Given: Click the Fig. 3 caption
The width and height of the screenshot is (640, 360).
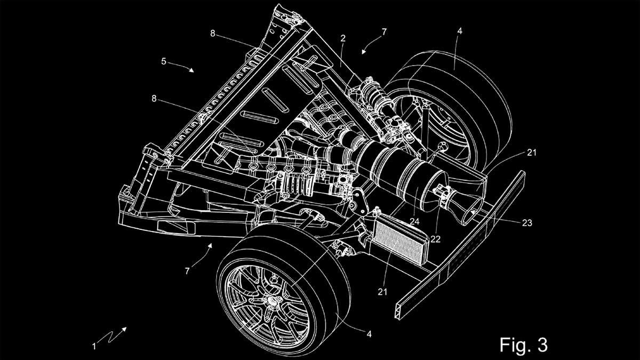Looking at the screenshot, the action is point(523,345).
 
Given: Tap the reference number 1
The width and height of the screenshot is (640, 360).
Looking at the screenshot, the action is point(94,347).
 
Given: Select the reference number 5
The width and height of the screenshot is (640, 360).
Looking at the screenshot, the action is point(163,61).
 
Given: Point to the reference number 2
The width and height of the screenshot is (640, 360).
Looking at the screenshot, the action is point(343,38).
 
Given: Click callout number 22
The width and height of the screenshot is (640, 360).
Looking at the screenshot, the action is point(435,239).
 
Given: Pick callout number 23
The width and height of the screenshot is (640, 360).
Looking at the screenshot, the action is point(527,222).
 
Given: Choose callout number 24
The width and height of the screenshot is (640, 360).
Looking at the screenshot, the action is point(414,221).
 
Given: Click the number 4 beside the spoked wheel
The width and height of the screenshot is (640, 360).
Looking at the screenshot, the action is point(369,334).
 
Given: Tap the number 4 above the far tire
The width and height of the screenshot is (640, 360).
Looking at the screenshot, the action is point(459,31).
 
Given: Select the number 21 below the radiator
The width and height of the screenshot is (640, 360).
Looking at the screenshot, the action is point(382,292).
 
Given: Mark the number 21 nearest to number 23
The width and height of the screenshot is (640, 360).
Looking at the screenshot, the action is point(532,153).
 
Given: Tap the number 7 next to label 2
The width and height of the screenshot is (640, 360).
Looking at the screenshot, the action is point(384,31).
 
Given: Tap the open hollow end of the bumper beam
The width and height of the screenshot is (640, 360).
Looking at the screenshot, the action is point(401,311).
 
